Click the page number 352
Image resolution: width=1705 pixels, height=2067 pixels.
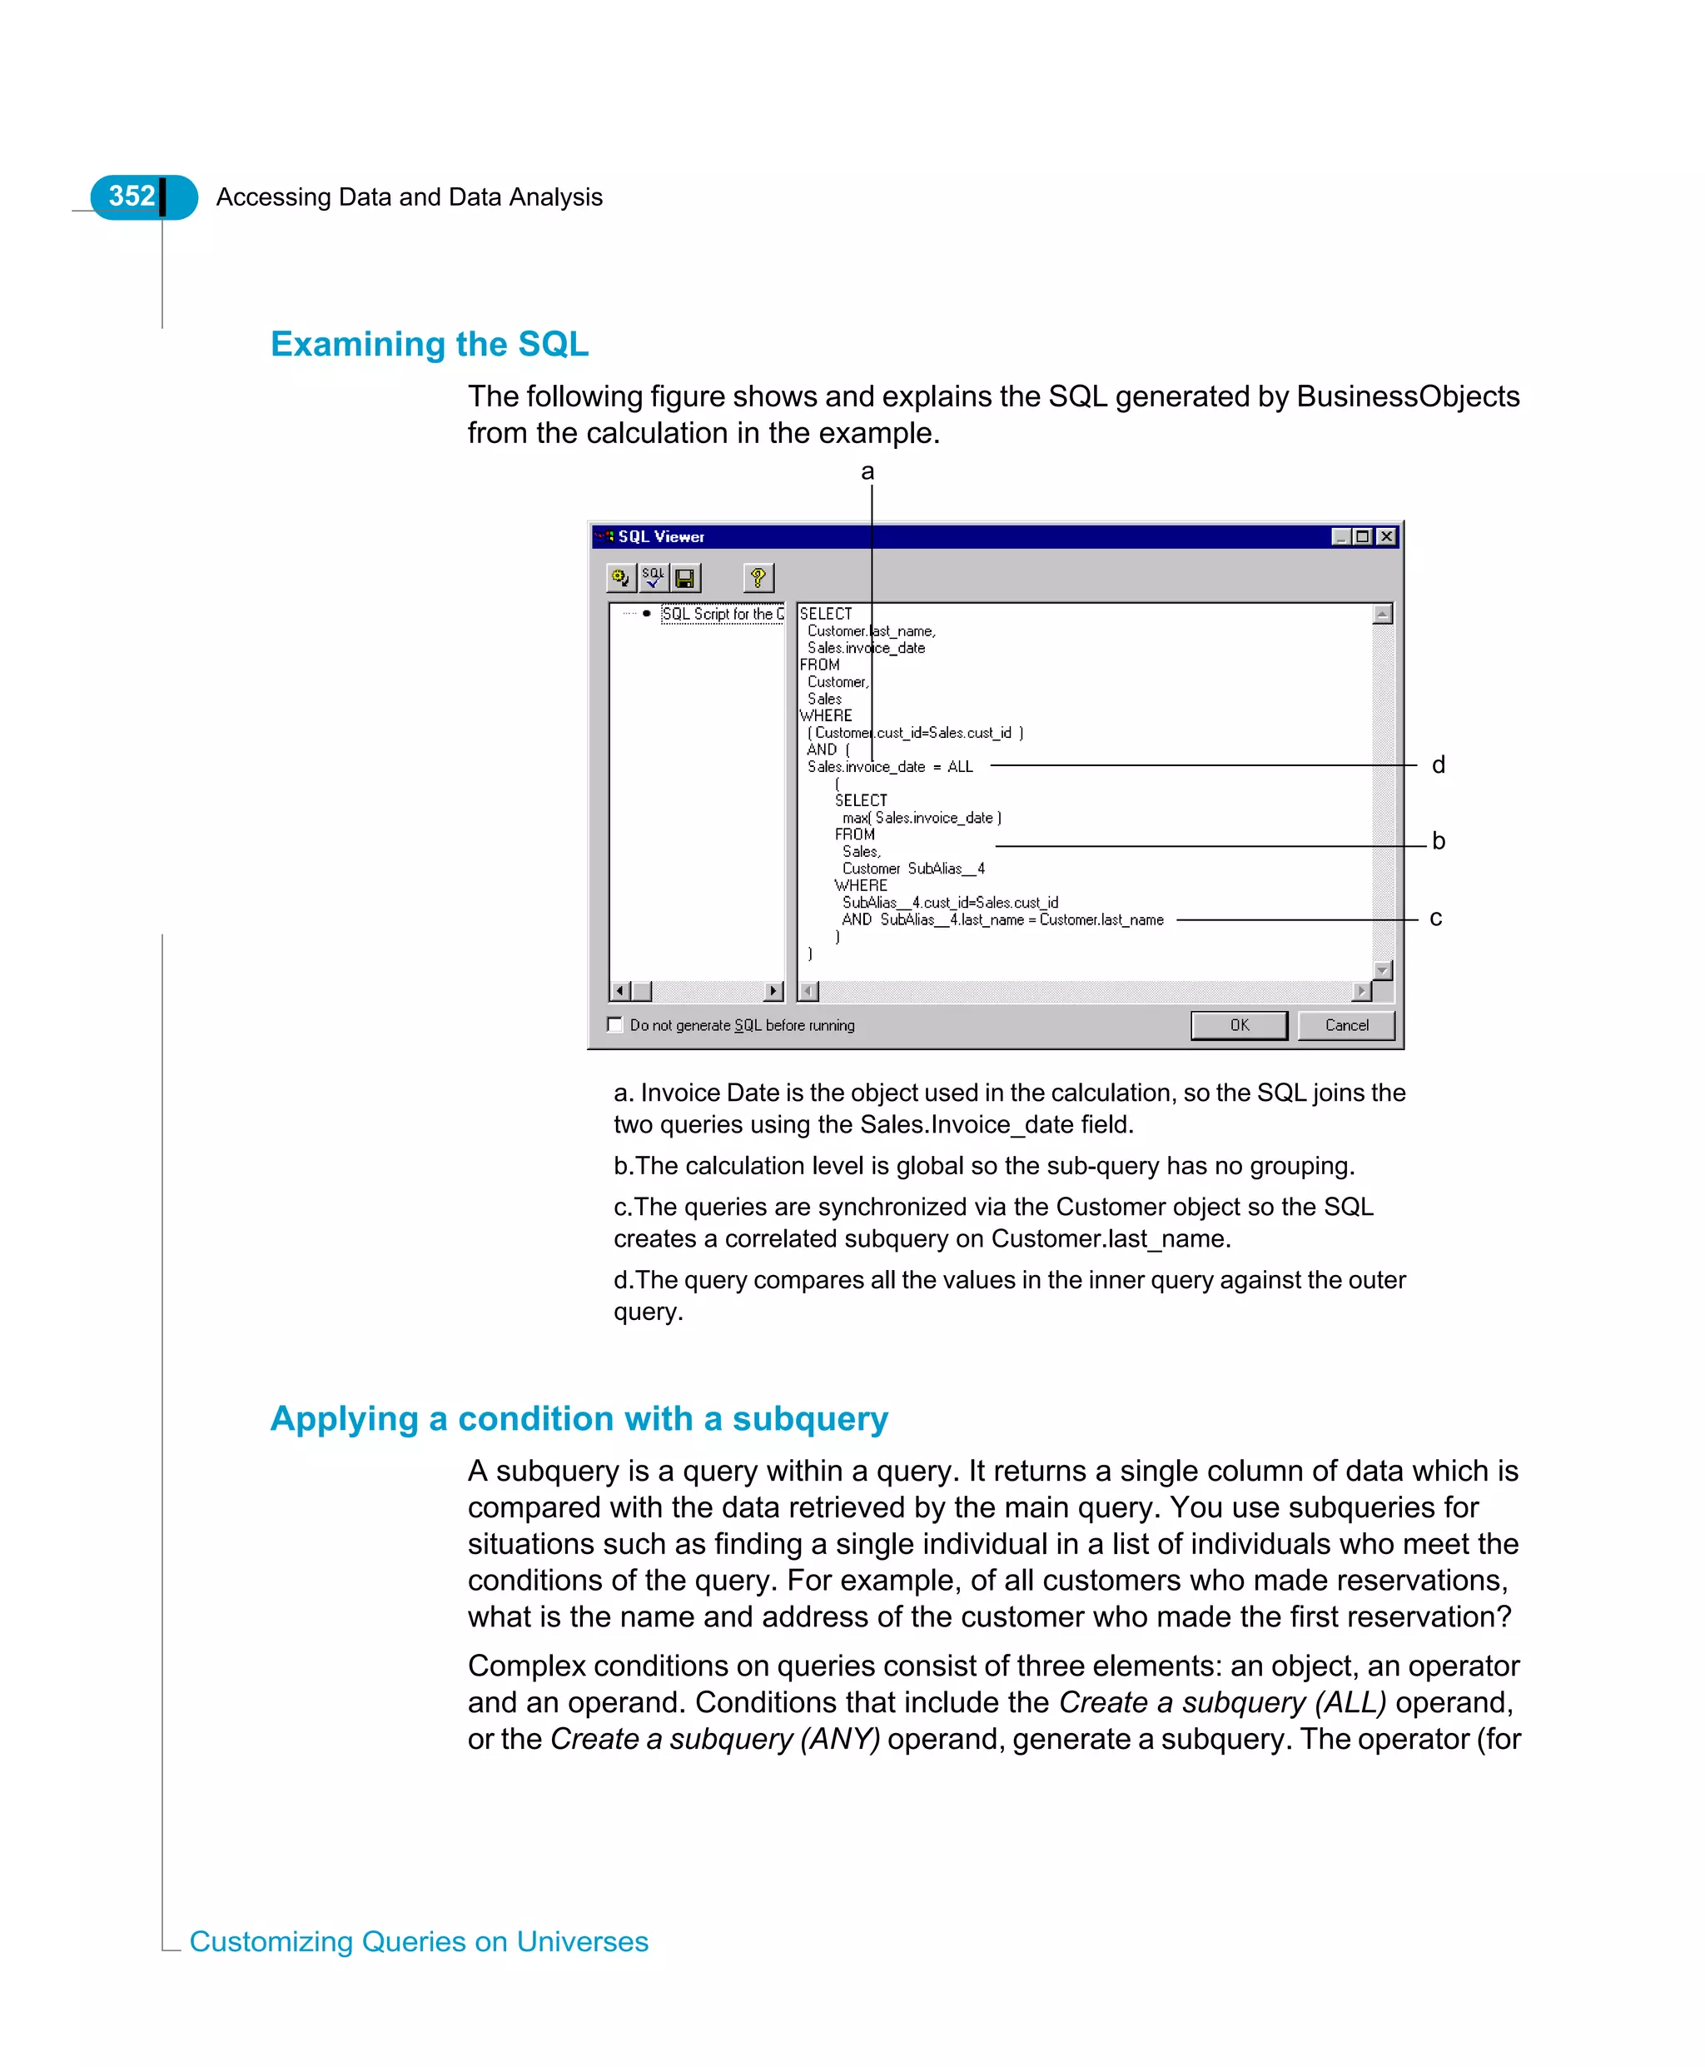click(x=132, y=197)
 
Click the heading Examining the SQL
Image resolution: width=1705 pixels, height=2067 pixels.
click(x=430, y=344)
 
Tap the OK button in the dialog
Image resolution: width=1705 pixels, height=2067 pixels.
click(x=1239, y=1024)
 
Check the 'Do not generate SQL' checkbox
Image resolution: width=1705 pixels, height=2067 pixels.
click(x=616, y=1024)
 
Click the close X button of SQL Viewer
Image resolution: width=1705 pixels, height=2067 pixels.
click(x=1386, y=536)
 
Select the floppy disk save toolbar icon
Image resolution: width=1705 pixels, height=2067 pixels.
click(x=685, y=578)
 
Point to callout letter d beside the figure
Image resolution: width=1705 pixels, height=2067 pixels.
click(x=1438, y=765)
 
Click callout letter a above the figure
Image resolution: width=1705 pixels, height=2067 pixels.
click(x=867, y=471)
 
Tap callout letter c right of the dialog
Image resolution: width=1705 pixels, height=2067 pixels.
click(x=1436, y=918)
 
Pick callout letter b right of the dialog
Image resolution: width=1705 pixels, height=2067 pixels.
click(x=1438, y=840)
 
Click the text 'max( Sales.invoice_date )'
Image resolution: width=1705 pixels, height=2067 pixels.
click(x=922, y=817)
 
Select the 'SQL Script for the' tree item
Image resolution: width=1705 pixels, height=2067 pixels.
click(x=722, y=614)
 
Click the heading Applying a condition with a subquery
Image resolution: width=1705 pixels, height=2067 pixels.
click(x=579, y=1418)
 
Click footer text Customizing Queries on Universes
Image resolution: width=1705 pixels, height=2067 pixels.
click(x=419, y=1941)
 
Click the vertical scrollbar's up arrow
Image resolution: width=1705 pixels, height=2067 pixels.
click(x=1383, y=614)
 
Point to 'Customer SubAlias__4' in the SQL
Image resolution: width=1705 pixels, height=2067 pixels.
click(x=913, y=869)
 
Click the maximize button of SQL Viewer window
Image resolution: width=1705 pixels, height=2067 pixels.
click(x=1362, y=536)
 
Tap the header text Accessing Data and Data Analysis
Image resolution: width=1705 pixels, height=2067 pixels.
click(x=409, y=197)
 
